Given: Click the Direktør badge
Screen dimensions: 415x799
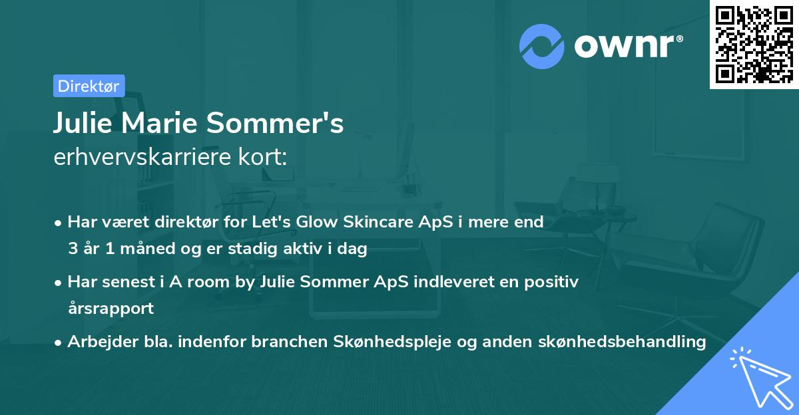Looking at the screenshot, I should tap(89, 85).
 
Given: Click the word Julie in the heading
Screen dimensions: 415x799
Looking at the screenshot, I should tap(81, 124).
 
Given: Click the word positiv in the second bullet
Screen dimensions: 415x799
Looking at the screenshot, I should tap(555, 281).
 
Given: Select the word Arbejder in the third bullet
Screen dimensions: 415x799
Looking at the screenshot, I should tap(96, 342).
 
